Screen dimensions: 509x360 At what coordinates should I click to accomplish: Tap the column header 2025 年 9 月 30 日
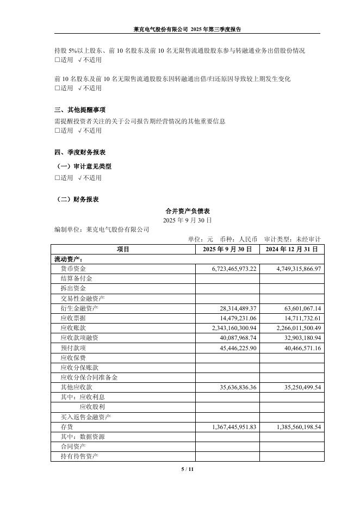[227, 249]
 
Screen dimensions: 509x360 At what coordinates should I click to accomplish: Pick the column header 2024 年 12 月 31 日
[291, 249]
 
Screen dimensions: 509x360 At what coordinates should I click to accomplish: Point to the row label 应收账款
[74, 328]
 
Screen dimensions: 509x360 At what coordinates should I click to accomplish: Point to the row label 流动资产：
[69, 259]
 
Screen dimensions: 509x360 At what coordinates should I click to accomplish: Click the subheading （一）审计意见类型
[84, 167]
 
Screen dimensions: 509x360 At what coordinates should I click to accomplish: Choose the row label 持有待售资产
[79, 456]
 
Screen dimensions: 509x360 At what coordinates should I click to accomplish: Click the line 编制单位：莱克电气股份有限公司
[102, 230]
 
